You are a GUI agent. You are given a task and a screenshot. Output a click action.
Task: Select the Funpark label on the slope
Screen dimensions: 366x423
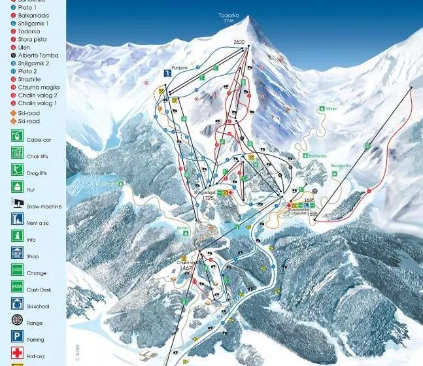180,67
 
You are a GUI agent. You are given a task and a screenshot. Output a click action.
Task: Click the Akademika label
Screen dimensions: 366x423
341,165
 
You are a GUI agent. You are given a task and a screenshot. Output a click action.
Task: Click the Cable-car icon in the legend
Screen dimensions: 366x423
17,137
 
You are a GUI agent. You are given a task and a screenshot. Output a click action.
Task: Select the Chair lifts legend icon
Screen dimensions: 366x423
17,153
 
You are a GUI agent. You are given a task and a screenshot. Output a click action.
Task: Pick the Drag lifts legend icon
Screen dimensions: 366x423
17,170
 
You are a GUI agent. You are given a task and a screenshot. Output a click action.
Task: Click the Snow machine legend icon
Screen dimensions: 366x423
17,204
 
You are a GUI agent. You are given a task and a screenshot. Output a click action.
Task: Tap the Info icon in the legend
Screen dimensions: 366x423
17,237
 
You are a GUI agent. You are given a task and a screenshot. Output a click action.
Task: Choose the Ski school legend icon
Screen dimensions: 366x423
17,304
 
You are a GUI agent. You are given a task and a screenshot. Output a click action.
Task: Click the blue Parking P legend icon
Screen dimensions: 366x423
17,338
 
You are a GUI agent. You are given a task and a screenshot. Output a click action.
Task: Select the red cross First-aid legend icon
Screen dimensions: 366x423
17,354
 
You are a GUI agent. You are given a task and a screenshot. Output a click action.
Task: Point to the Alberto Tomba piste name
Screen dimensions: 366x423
40,56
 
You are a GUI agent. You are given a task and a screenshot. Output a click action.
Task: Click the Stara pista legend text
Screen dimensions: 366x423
33,39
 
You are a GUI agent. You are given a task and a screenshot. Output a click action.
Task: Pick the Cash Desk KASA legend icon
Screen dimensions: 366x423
17,287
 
